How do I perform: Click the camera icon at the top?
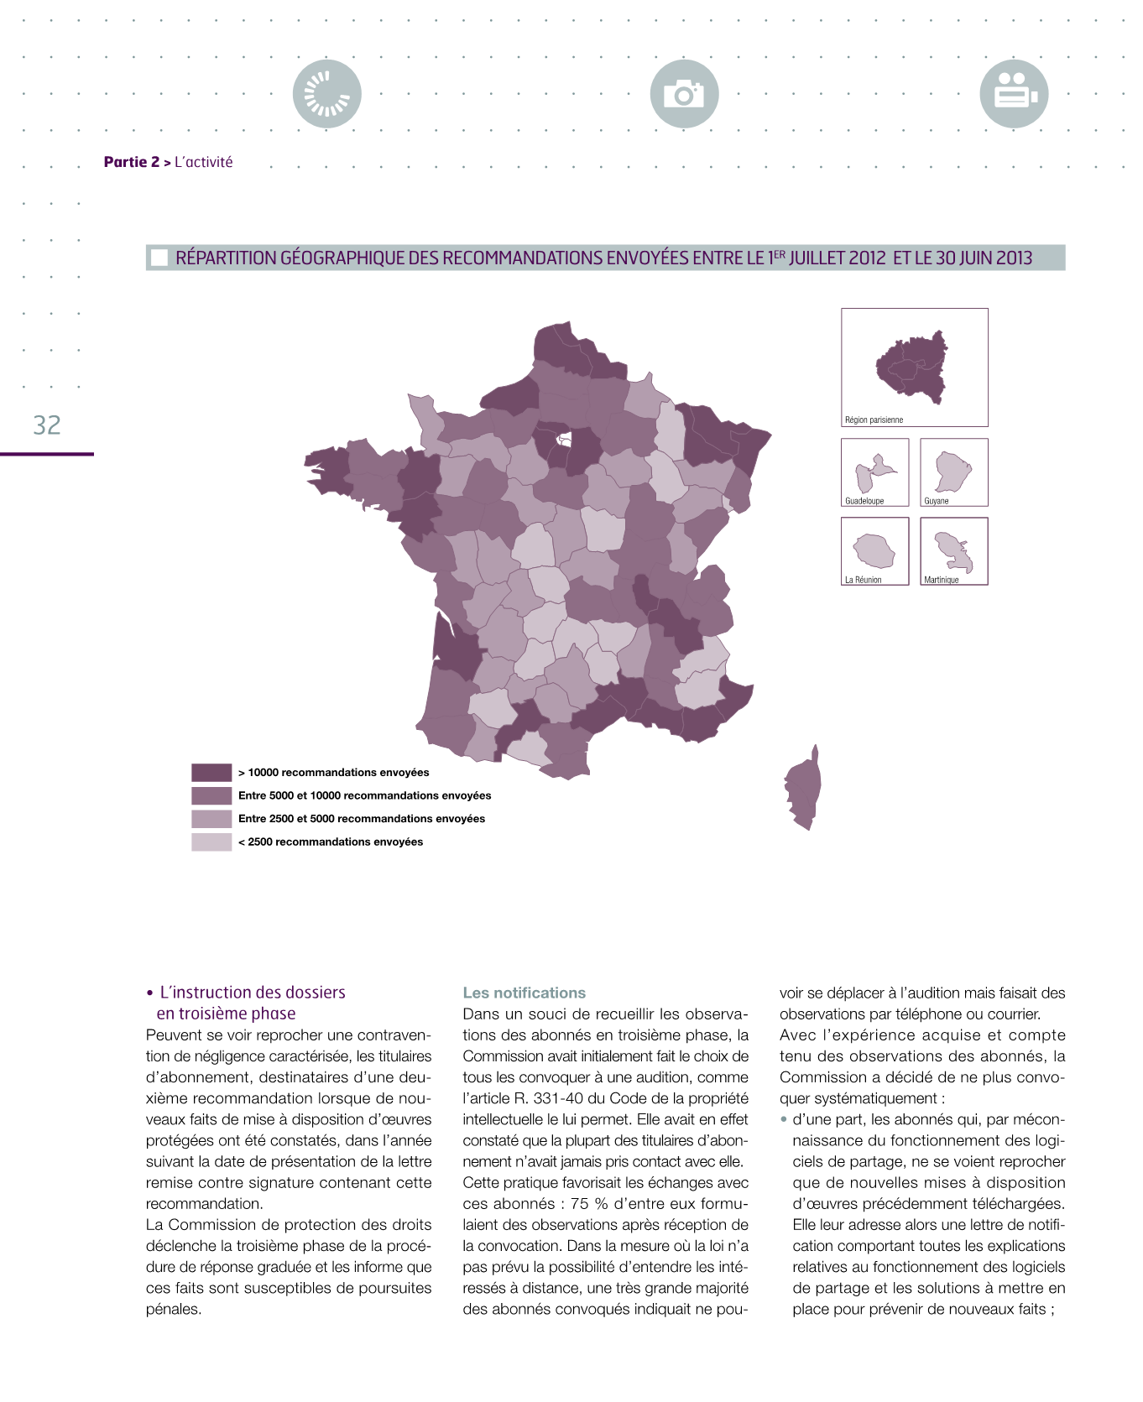[684, 94]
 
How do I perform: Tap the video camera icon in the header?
[1014, 94]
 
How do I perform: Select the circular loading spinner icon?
[327, 94]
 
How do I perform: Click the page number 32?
[47, 425]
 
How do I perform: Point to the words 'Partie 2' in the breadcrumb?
[131, 162]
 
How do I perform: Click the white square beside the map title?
[159, 258]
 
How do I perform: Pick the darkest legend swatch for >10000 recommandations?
[211, 773]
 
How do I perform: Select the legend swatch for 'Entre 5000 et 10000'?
[211, 795]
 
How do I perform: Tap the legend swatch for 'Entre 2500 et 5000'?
[211, 819]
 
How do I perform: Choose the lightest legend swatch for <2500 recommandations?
[211, 842]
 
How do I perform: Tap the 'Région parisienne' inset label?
[874, 420]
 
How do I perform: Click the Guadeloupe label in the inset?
[864, 501]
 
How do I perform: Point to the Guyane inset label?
[937, 501]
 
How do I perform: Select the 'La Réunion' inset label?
[863, 580]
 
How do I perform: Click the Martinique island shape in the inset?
[953, 550]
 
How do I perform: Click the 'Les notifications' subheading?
[525, 993]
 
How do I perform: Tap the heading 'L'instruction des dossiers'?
[253, 993]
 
